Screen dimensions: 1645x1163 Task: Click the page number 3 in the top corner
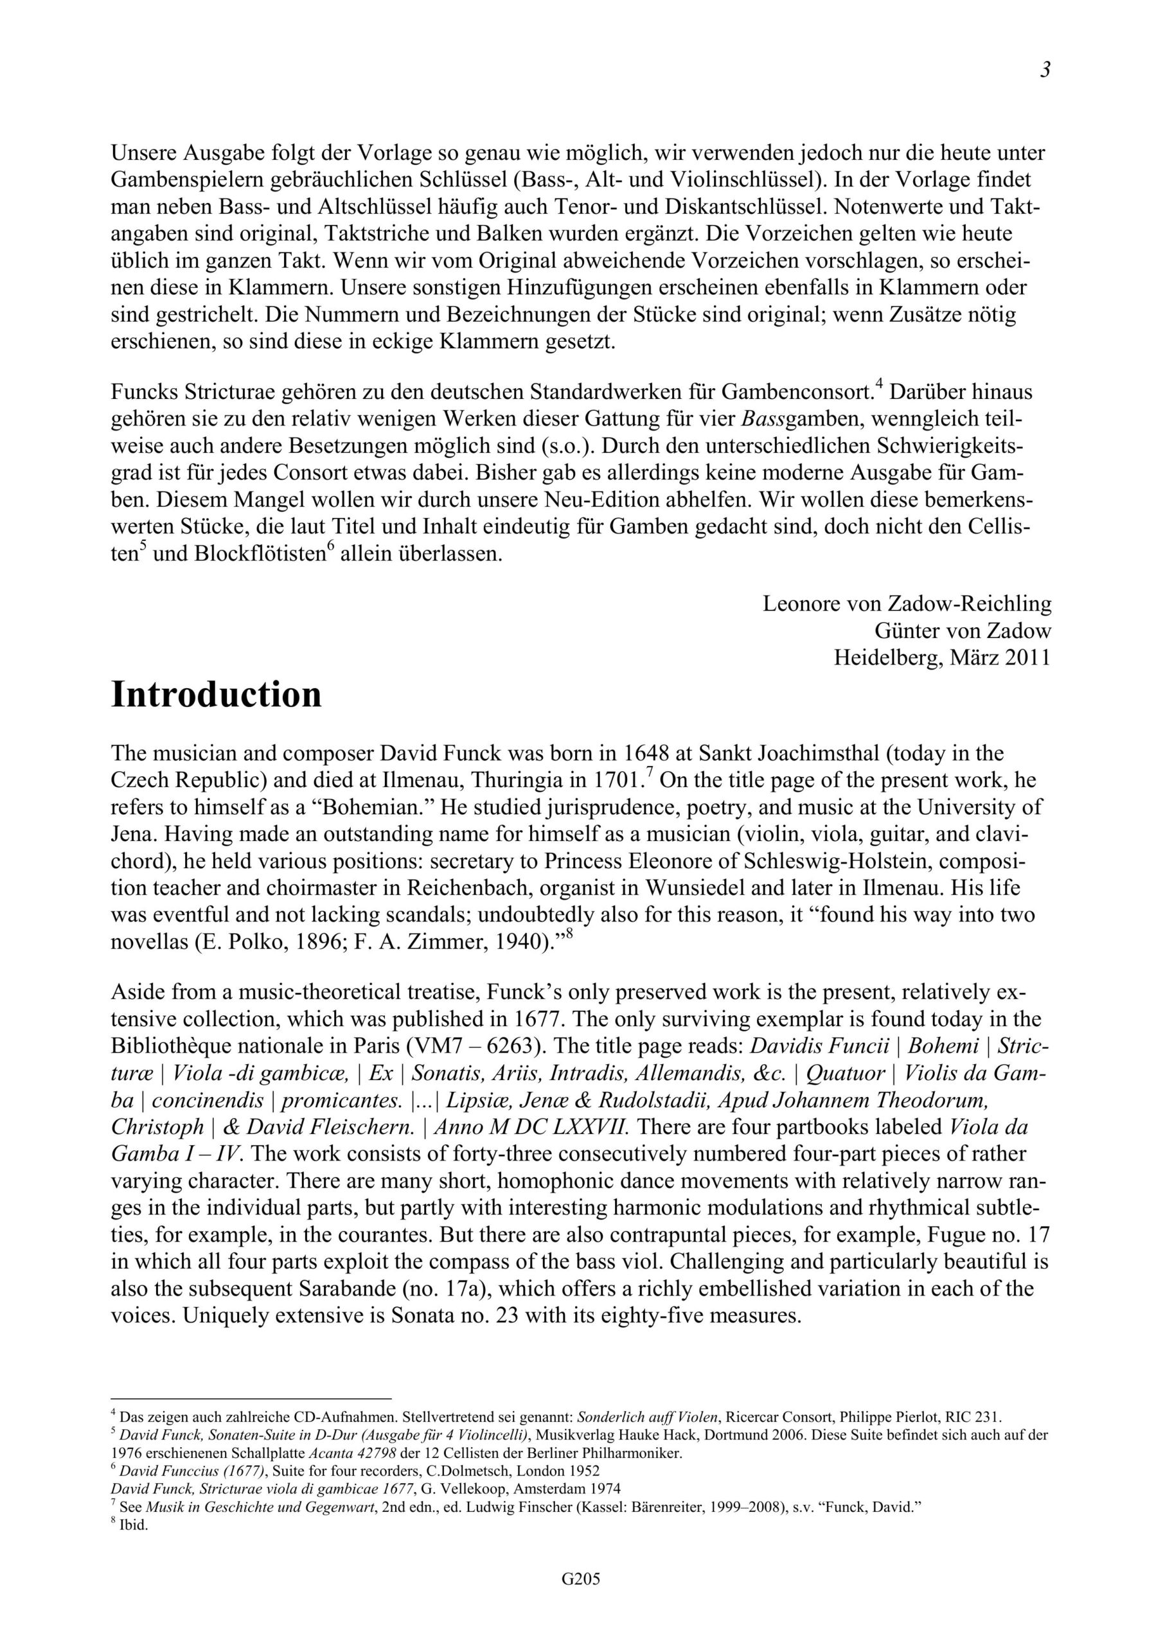[x=1045, y=70]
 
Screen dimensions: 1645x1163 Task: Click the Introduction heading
[x=216, y=695]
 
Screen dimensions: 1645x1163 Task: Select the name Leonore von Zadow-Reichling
[x=907, y=604]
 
